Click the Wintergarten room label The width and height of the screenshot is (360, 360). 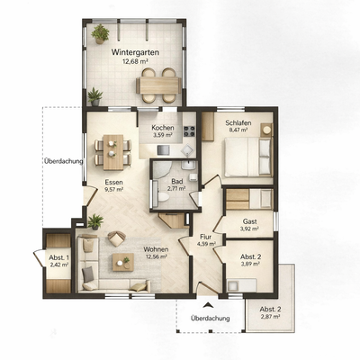click(135, 52)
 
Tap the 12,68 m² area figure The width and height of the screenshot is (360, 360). click(135, 61)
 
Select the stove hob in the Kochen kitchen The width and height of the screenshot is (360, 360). click(189, 131)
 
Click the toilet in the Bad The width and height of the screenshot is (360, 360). click(164, 197)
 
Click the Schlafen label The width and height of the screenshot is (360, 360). click(238, 123)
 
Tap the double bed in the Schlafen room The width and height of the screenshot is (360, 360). click(247, 157)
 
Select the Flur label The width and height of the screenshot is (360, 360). click(206, 237)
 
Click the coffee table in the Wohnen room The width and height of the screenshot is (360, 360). click(123, 262)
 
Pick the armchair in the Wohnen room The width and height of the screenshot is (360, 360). click(116, 238)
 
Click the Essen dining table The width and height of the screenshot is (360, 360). click(113, 152)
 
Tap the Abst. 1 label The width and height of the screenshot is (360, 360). click(58, 257)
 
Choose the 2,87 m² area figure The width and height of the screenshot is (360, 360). click(270, 317)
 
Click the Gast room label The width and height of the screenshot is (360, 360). click(249, 221)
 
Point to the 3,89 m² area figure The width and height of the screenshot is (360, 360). click(250, 264)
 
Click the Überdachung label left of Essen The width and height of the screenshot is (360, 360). click(63, 161)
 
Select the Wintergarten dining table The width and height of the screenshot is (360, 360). click(158, 85)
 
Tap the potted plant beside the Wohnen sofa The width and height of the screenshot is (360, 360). click(95, 221)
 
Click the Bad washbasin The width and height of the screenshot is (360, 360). click(188, 165)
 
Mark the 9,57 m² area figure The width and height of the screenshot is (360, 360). click(113, 189)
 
